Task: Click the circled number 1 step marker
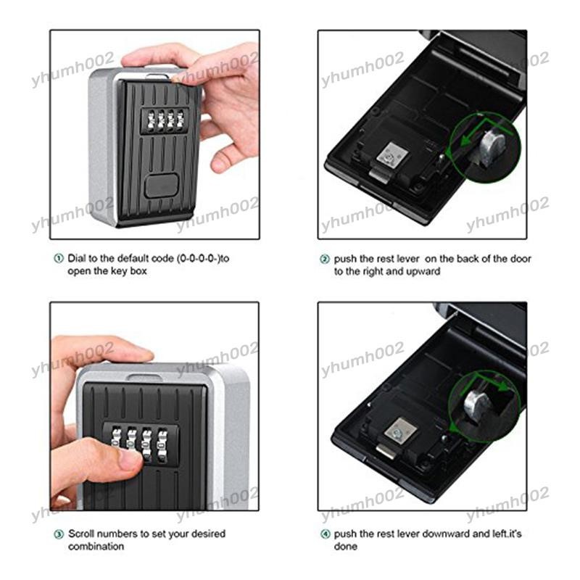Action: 59,259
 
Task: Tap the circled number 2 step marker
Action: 324,260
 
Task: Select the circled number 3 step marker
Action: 59,534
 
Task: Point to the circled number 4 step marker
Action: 325,534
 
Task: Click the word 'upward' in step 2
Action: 423,271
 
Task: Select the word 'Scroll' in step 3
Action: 81,534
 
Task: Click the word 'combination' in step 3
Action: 96,547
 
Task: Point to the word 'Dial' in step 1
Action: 76,258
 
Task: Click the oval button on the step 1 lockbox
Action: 161,186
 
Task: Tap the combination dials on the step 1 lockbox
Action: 165,120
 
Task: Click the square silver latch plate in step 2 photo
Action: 392,155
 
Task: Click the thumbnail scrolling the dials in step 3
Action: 130,460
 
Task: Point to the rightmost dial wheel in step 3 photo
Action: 162,445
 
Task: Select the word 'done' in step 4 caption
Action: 346,547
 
